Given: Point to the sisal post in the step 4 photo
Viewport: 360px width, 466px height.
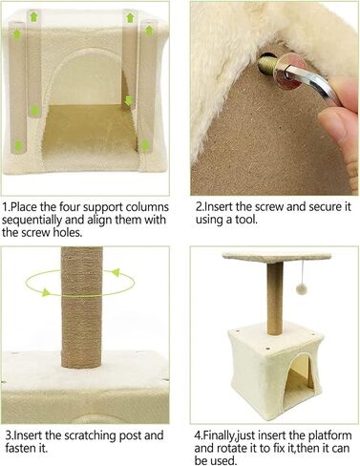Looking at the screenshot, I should [x=275, y=300].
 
